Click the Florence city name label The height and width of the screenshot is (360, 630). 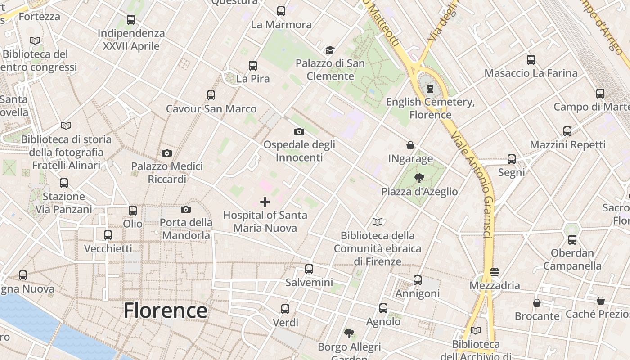165,310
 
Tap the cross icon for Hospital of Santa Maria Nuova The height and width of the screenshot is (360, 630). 265,202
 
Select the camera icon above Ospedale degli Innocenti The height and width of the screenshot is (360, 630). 299,131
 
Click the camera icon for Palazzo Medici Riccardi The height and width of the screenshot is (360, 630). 167,153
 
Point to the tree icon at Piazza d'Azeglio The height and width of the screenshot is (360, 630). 419,178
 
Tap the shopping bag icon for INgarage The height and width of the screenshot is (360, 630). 410,145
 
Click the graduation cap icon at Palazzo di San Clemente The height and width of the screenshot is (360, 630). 330,50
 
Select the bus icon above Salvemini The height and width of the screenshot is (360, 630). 309,269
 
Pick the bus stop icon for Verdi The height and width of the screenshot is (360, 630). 285,309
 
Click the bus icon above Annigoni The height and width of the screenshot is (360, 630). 418,280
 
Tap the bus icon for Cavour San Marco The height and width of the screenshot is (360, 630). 211,95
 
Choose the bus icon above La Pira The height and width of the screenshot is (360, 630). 253,66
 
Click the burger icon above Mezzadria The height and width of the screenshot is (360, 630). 495,272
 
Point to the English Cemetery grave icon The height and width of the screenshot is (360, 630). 430,88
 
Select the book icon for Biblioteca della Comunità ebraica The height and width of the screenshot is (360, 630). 378,222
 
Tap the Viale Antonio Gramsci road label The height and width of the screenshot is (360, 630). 477,184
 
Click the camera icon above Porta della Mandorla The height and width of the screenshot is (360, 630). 186,209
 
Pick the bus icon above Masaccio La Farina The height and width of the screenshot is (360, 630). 531,60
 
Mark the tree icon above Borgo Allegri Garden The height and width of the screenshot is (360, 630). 349,333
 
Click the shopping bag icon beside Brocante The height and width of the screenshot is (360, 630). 537,303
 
